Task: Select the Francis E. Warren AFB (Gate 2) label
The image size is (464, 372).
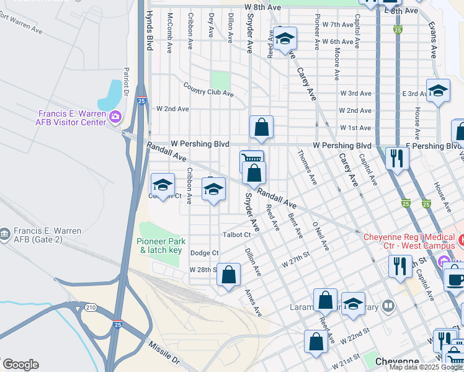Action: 41,235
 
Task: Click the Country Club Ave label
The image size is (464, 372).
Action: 208,89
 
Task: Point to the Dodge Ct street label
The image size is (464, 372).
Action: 204,253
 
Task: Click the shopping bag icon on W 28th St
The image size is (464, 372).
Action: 229,273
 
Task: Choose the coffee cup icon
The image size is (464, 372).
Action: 455,278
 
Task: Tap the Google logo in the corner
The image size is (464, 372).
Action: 20,365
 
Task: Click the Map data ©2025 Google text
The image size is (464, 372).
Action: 426,367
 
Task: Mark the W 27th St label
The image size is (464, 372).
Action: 295,259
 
